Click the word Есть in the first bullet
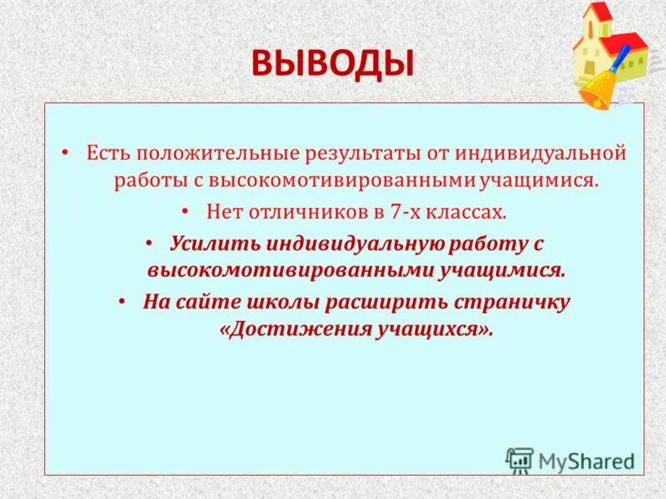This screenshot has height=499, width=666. [x=107, y=154]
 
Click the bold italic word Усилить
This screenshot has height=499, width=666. [x=214, y=244]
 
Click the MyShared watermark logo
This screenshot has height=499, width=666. [x=570, y=460]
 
